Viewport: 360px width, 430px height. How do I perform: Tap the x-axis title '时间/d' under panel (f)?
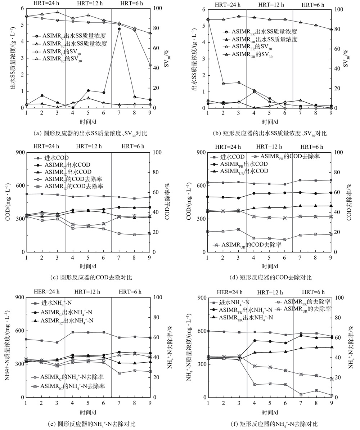pos(269,412)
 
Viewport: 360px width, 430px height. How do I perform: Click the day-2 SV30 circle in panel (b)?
pos(223,84)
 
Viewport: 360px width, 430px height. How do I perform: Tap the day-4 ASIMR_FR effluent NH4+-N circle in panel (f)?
pos(255,340)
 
